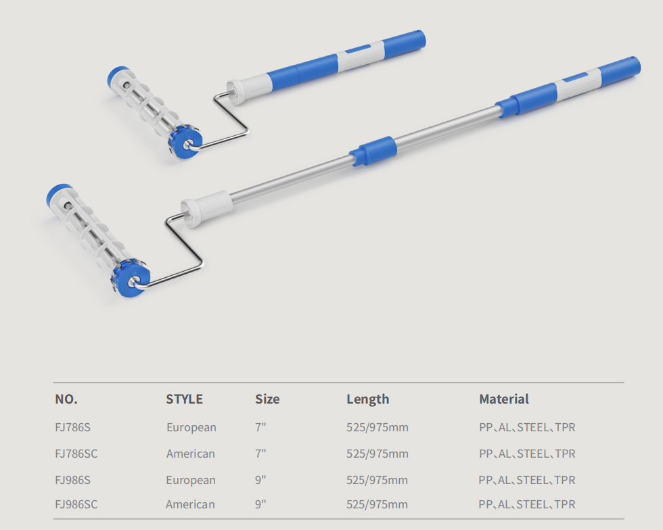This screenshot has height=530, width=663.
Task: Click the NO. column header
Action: [x=66, y=399]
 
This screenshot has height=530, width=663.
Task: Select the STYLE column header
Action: [x=184, y=399]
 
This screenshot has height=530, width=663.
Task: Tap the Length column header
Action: [x=368, y=400]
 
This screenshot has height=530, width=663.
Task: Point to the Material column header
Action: [x=503, y=399]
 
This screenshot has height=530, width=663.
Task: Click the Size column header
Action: [x=267, y=399]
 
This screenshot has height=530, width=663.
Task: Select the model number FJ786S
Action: [x=73, y=427]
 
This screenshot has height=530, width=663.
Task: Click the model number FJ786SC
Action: [x=76, y=454]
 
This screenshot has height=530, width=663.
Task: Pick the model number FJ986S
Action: [x=73, y=480]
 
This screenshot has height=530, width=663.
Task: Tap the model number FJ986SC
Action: [x=76, y=504]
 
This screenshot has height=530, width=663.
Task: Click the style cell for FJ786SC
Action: [x=191, y=454]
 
